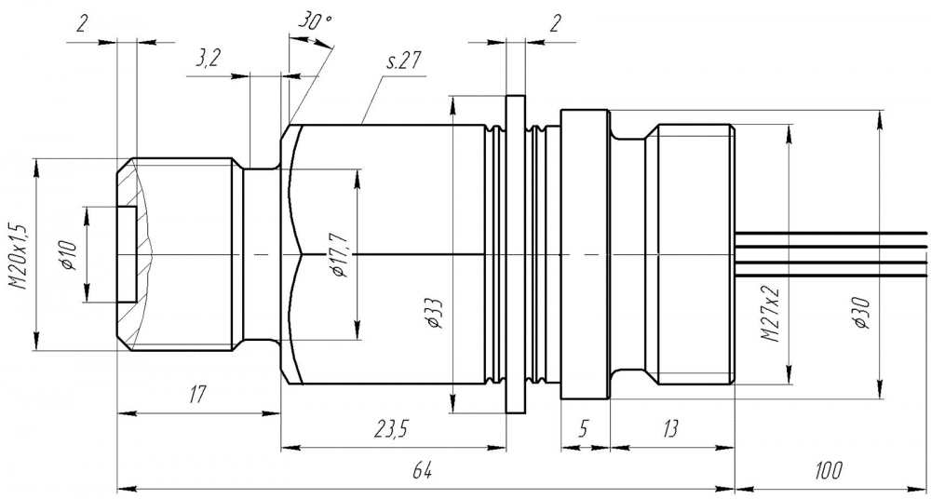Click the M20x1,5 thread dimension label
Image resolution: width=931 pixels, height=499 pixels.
[20, 256]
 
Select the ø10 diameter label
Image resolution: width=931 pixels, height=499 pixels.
[70, 256]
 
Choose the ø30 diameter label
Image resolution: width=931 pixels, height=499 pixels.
[863, 313]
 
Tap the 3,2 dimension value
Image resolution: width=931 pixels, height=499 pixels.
[207, 60]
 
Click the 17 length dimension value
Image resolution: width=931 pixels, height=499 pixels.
[197, 393]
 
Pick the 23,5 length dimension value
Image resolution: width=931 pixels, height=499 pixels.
[391, 428]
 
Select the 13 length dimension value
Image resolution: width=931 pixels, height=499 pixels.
[670, 428]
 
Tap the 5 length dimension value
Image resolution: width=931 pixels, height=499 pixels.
[585, 428]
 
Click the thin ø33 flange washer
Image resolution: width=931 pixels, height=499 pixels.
[516, 253]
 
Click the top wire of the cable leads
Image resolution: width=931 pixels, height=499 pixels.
[830, 233]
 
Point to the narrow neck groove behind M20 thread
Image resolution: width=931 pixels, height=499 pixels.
[262, 253]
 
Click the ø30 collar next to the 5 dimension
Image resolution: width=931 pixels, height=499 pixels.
[585, 254]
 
